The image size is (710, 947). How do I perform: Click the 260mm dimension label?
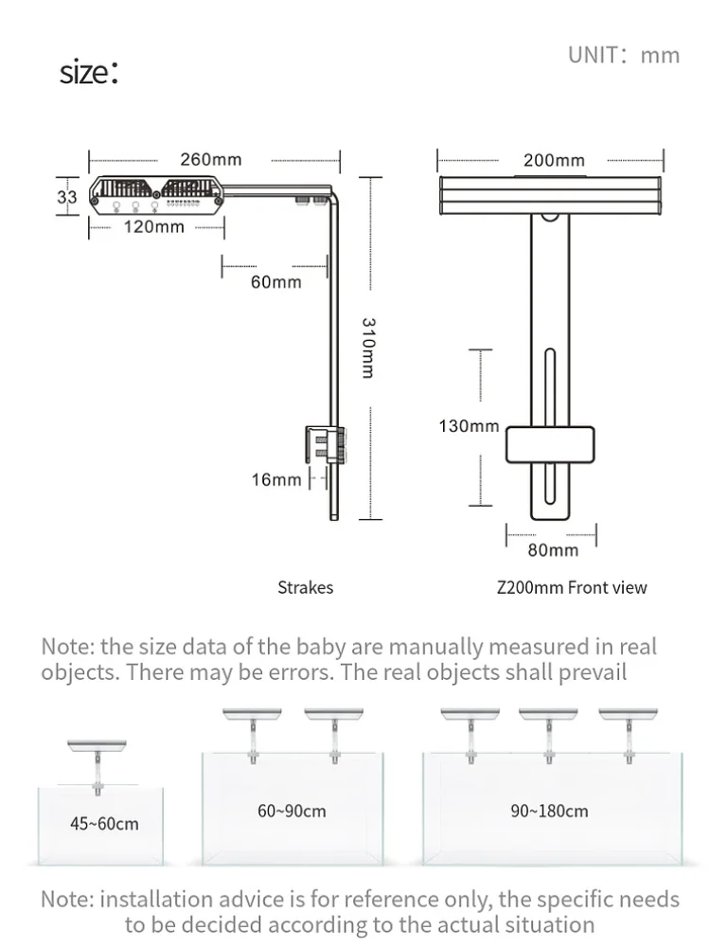pos(210,159)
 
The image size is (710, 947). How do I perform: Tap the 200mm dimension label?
pos(554,160)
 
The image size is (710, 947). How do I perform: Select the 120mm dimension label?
pos(153,226)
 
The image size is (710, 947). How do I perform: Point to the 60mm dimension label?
pos(275,282)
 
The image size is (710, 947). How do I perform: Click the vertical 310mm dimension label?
pos(368,348)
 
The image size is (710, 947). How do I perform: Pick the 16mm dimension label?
pos(275,480)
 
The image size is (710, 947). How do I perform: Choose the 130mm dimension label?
pos(468,426)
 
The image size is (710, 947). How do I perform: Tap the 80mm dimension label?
pos(553,549)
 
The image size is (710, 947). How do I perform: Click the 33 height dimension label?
pos(67,197)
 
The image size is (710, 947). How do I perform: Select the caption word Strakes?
pos(305,588)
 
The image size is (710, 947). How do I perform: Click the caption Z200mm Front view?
pos(572,588)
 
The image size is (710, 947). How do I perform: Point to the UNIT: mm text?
pos(624,55)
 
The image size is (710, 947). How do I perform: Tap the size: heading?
pos(89,72)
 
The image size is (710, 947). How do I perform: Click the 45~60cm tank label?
pos(104,824)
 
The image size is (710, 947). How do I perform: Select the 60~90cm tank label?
pos(292,812)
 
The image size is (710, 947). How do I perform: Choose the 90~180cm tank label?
pos(549,812)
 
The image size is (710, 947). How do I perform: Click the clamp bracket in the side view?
pos(323,445)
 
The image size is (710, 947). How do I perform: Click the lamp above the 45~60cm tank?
pos(97,748)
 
